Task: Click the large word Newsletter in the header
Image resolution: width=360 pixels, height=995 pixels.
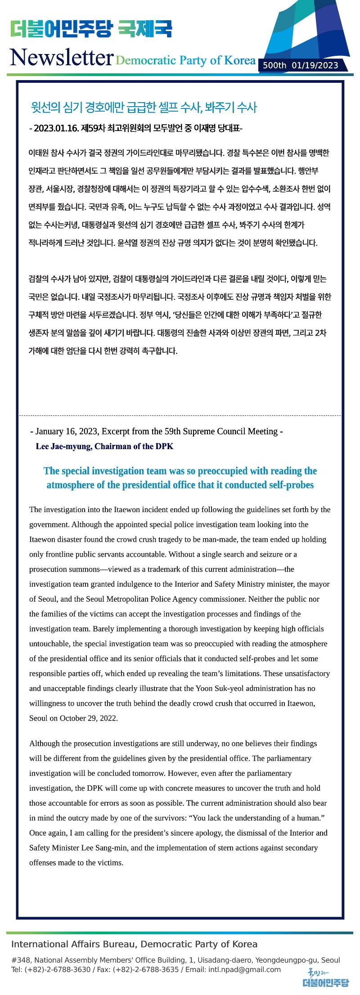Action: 61,58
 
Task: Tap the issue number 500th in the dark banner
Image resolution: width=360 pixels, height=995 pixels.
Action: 274,66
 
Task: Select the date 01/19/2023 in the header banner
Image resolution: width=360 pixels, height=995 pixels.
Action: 315,66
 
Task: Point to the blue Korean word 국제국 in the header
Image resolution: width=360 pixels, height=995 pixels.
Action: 145,29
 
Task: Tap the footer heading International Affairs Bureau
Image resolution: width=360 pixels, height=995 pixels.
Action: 72,944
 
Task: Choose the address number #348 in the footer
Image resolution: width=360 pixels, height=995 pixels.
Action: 20,960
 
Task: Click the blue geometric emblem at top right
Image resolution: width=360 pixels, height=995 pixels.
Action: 310,32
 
